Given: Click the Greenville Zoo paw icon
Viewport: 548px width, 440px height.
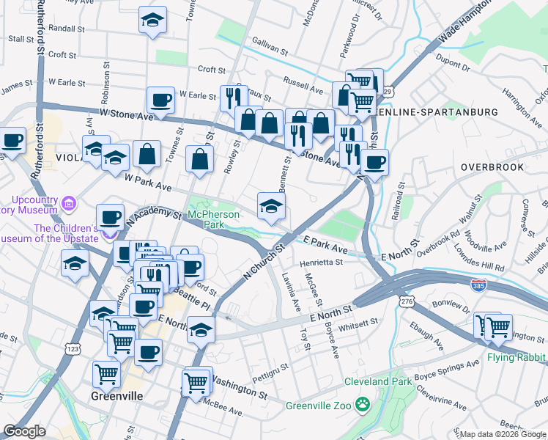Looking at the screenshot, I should (361, 404).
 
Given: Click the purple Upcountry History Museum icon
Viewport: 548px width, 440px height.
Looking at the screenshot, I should (69, 202).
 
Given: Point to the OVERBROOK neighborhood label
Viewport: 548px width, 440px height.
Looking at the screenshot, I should (493, 167).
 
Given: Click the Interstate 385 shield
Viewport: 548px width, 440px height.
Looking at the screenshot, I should (478, 282).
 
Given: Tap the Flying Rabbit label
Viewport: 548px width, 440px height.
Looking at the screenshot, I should (516, 359).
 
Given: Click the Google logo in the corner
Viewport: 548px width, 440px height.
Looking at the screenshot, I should (24, 431).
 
